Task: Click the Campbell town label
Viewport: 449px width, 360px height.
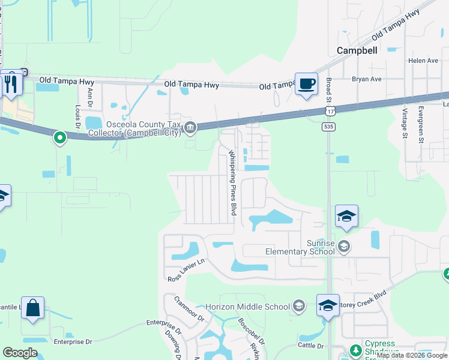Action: coord(357,50)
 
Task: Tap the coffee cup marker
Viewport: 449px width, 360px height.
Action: coord(306,84)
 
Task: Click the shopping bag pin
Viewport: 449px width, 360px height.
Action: coord(32,309)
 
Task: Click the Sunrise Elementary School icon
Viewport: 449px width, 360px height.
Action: coord(343,246)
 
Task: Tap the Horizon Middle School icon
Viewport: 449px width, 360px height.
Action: coord(298,307)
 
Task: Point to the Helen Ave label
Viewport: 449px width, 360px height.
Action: coord(423,61)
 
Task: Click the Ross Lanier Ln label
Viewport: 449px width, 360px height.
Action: coord(187,270)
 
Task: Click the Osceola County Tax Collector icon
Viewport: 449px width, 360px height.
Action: coord(190,127)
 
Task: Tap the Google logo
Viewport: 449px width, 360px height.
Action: coord(20,353)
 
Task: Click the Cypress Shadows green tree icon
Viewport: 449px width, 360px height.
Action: coord(355,349)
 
